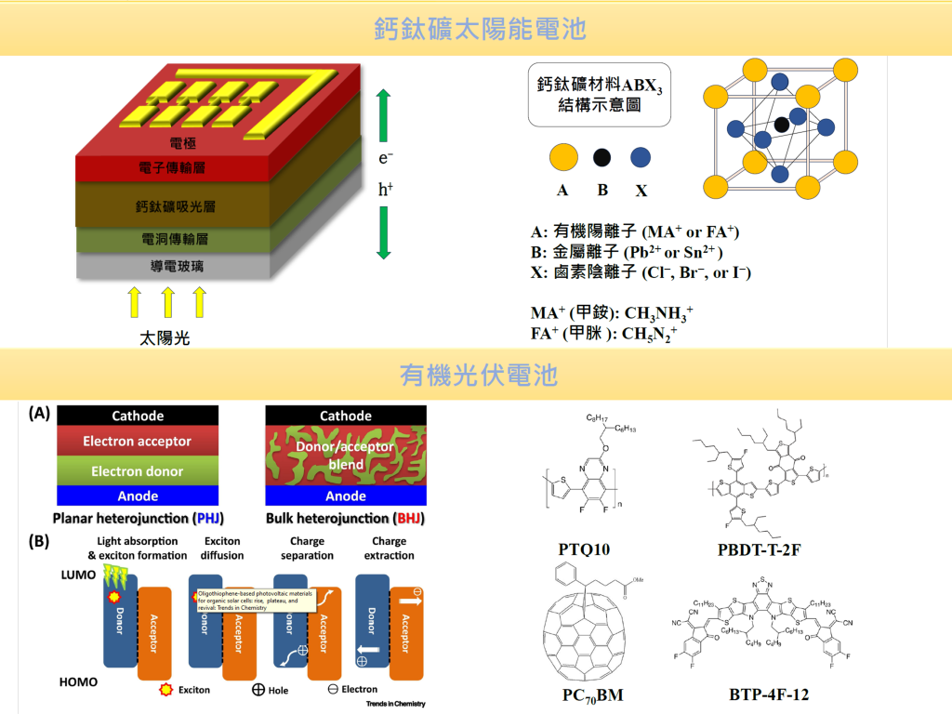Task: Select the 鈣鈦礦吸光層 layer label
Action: [x=176, y=205]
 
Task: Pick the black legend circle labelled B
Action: [x=602, y=157]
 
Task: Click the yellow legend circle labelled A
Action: [x=563, y=157]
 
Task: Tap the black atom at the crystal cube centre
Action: [x=782, y=124]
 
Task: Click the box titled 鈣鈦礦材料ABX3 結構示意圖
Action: [x=601, y=95]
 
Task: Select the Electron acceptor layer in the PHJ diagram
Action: [x=138, y=442]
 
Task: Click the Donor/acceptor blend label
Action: [x=346, y=455]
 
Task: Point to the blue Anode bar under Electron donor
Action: [x=138, y=496]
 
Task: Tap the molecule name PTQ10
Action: [x=584, y=549]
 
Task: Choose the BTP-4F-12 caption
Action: [x=769, y=694]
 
